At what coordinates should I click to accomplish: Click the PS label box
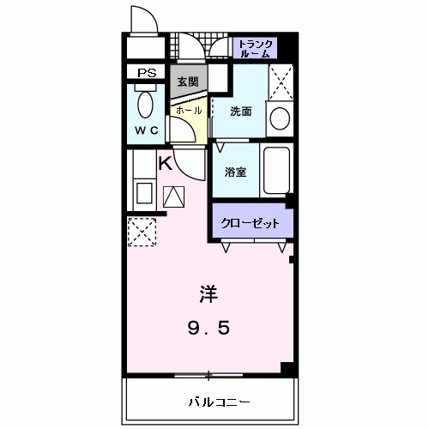(x=147, y=74)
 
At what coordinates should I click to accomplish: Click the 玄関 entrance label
(x=187, y=82)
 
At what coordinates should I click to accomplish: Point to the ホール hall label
(x=188, y=111)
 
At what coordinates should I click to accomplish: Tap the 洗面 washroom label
(x=240, y=112)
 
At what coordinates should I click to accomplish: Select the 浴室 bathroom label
(x=236, y=172)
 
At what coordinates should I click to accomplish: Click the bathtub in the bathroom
(x=276, y=169)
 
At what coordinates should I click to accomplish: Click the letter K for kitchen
(x=166, y=163)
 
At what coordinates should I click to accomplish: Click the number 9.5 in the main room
(x=209, y=327)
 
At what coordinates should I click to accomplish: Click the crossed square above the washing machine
(x=280, y=82)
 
